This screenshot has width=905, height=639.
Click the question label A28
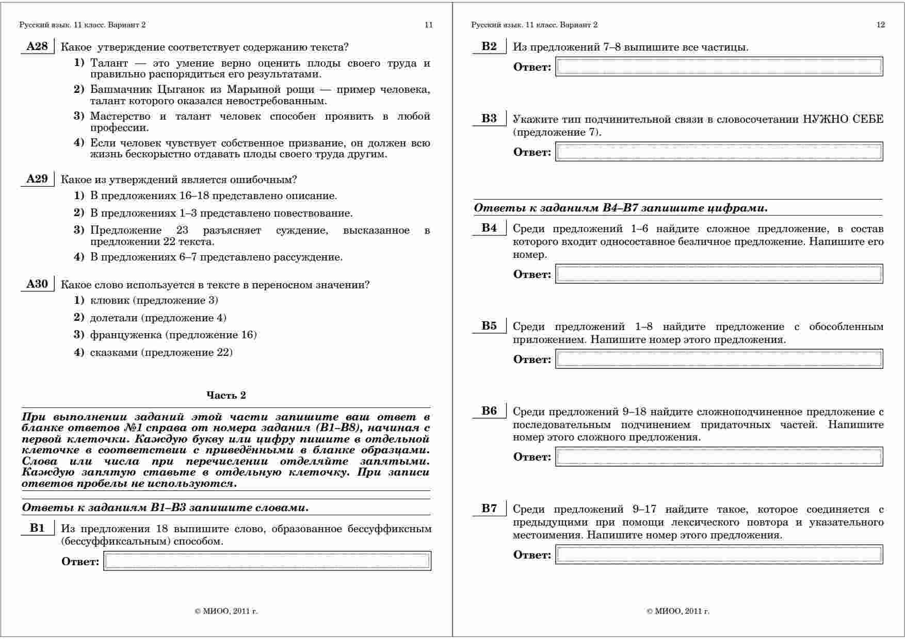pyautogui.click(x=37, y=46)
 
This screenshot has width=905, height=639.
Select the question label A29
pyautogui.click(x=37, y=179)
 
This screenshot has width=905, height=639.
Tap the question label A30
pyautogui.click(x=37, y=284)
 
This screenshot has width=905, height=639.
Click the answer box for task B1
pyautogui.click(x=267, y=561)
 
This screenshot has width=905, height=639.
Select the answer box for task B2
pyautogui.click(x=719, y=67)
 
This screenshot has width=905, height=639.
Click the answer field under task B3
pyautogui.click(x=719, y=152)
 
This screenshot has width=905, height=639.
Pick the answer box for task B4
pyautogui.click(x=719, y=274)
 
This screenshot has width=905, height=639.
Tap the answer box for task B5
pyautogui.click(x=719, y=359)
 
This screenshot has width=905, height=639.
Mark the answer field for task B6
pyautogui.click(x=719, y=457)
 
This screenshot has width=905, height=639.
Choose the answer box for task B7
pyautogui.click(x=719, y=555)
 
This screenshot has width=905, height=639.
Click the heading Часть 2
pyautogui.click(x=226, y=395)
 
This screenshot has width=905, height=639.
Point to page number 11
pyautogui.click(x=428, y=25)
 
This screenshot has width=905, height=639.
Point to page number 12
pyautogui.click(x=881, y=25)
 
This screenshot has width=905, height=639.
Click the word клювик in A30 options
pyautogui.click(x=109, y=300)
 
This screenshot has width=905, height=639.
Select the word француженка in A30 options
pyautogui.click(x=126, y=335)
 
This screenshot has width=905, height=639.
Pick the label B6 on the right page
pyautogui.click(x=489, y=411)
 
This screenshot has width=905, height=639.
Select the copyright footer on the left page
pyautogui.click(x=226, y=612)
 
